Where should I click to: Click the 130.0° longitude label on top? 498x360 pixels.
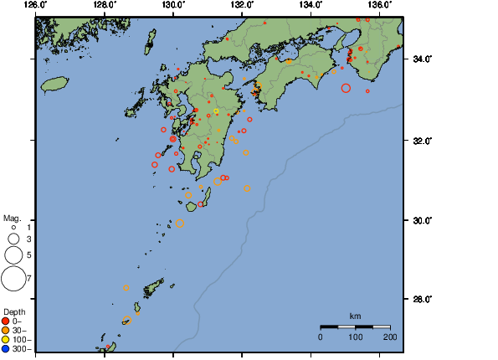point(172,5)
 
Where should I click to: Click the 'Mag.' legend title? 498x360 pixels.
point(12,217)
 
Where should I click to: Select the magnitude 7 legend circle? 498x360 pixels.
point(13,277)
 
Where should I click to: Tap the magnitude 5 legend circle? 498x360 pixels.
point(13,254)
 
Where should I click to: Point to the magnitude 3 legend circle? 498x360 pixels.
point(13,239)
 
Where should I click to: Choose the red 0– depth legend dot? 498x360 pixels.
point(6,321)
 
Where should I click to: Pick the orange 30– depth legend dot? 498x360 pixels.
point(6,330)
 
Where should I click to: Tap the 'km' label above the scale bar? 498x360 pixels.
point(355,316)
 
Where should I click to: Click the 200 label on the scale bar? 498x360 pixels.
point(389,337)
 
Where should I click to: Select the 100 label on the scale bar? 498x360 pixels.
point(355,337)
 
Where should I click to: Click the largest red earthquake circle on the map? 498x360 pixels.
point(346,88)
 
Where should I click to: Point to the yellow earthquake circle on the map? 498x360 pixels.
point(216,111)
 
